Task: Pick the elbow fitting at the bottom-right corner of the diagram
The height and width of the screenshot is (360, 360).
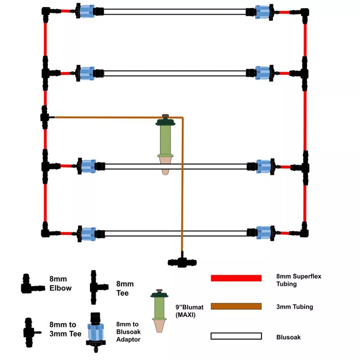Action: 304,231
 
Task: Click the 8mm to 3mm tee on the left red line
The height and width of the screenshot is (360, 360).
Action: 45,117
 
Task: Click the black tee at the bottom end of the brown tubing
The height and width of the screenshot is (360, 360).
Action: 182,262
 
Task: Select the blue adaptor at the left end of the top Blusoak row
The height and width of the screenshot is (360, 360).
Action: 85,11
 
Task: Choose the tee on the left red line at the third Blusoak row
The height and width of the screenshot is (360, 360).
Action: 46,166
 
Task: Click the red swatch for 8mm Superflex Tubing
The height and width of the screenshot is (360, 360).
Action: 236,278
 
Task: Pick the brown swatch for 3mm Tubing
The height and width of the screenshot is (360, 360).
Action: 236,306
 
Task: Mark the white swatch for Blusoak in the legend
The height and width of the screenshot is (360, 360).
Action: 236,336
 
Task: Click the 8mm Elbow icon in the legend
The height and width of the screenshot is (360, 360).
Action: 31,284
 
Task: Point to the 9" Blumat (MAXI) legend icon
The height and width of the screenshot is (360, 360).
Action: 158,310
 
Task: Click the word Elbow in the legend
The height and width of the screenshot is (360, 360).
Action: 60,288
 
